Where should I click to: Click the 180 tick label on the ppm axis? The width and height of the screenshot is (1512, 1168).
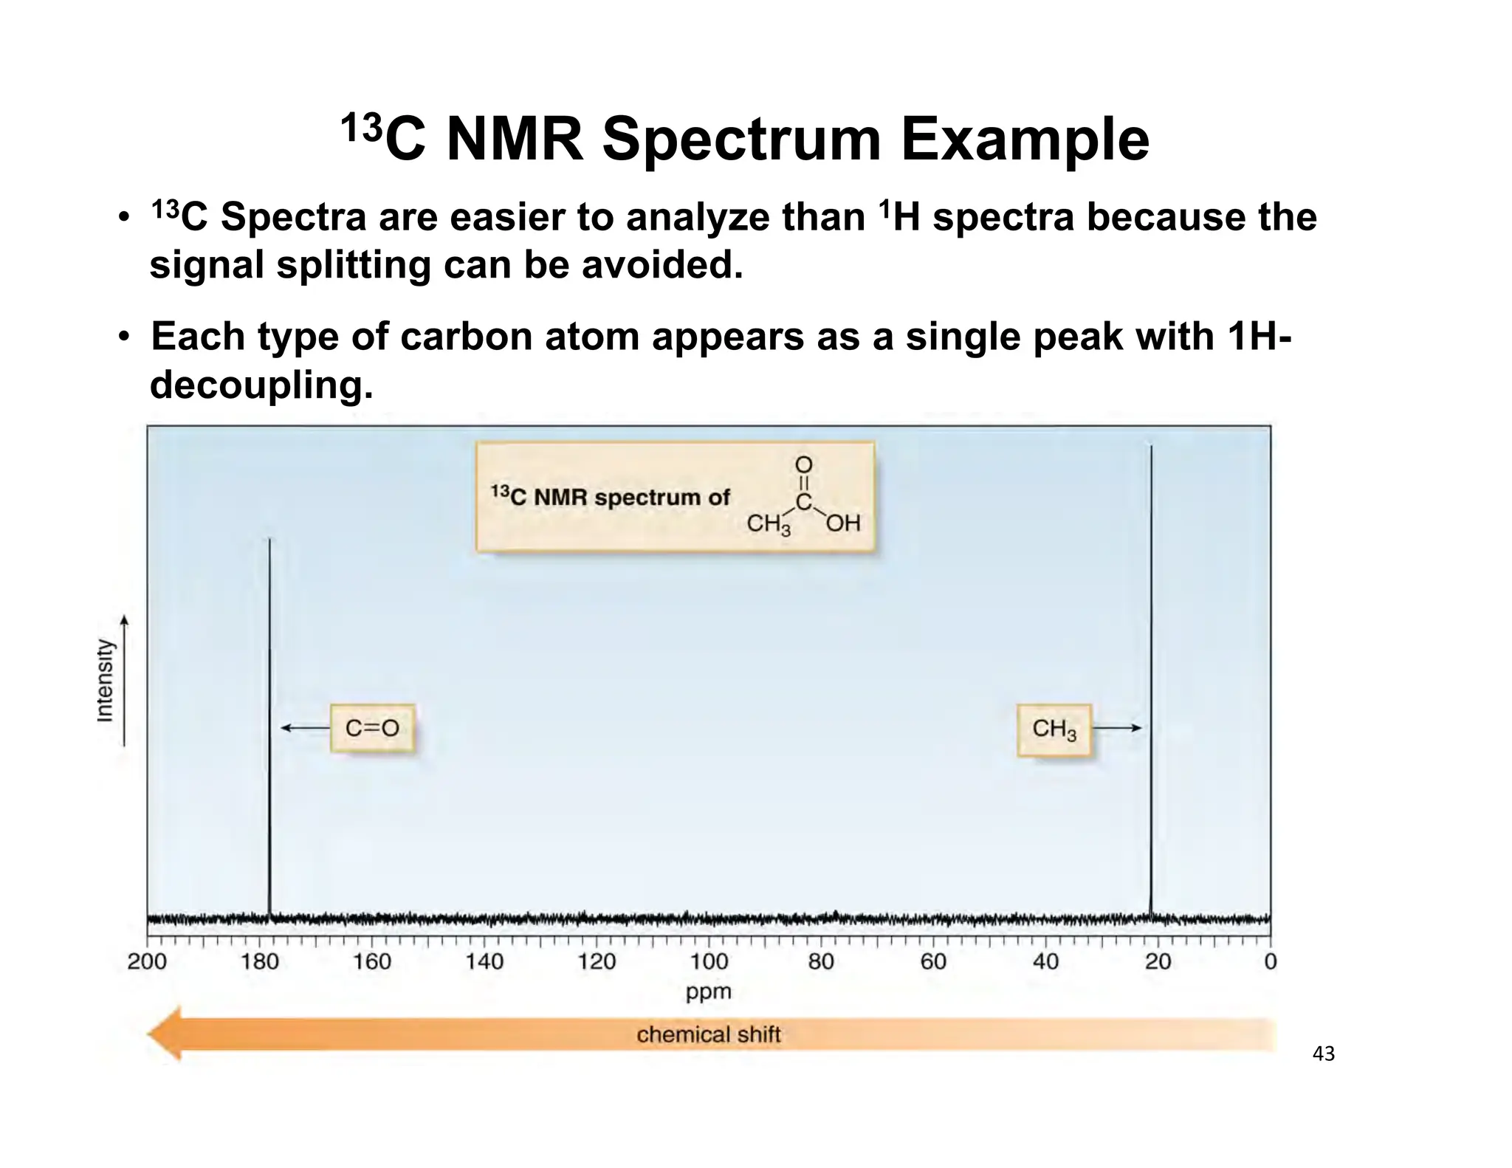click(x=260, y=962)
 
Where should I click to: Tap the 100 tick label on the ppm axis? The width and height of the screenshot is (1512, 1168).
click(x=709, y=962)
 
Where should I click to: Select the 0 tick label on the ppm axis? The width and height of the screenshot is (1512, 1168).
click(x=1270, y=962)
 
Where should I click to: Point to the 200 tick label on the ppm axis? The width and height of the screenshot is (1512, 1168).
click(x=148, y=962)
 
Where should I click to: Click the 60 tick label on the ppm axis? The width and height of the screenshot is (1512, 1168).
click(x=933, y=962)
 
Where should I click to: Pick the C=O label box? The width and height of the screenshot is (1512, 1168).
click(x=372, y=729)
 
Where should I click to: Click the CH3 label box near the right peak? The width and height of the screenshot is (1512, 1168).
click(x=1054, y=729)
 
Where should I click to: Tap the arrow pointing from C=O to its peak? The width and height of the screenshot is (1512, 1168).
click(x=305, y=729)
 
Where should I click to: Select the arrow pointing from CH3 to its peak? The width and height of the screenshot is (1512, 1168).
click(x=1116, y=729)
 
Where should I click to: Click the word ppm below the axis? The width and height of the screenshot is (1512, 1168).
click(x=708, y=992)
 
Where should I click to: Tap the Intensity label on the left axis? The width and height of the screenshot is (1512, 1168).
click(x=106, y=680)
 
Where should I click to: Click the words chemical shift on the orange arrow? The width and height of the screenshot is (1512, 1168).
click(x=708, y=1034)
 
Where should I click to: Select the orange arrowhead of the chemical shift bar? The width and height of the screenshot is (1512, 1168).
click(x=166, y=1034)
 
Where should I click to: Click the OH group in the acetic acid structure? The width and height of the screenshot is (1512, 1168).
click(x=843, y=523)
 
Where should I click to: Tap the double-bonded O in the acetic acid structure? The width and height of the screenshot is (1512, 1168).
click(x=803, y=465)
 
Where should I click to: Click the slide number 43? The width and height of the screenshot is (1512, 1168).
click(x=1324, y=1054)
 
